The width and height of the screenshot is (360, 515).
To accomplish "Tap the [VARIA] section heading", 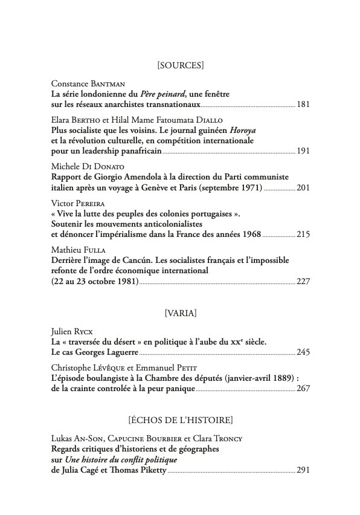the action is (179, 313).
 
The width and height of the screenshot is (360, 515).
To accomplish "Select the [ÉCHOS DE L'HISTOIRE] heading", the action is (179, 419).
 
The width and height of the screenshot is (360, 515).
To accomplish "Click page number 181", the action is (303, 105).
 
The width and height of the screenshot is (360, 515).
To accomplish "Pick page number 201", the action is (303, 187).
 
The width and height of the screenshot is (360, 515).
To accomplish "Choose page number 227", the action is (303, 281).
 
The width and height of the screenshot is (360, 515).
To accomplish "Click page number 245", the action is (303, 352).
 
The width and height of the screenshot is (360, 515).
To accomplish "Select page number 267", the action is (303, 389).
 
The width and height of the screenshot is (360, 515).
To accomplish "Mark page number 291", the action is (303, 470).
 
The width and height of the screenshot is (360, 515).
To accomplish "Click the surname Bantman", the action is (106, 83).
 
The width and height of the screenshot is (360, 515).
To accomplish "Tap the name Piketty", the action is (146, 470).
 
